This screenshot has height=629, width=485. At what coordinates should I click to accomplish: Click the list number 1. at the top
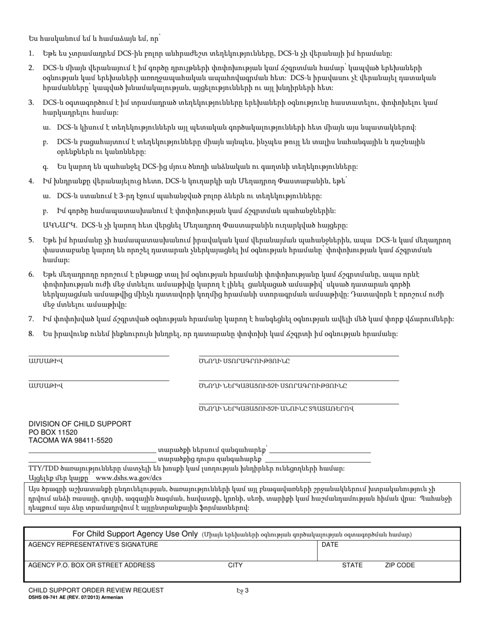point(31,54)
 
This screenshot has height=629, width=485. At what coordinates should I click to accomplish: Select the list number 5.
point(31,240)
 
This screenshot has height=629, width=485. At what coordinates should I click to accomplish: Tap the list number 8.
point(31,333)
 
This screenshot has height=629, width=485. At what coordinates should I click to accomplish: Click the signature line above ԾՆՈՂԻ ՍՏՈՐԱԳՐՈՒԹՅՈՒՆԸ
point(299,355)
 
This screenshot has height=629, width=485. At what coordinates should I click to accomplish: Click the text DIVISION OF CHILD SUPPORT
point(80,424)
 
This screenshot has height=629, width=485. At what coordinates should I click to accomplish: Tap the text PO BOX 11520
point(53,432)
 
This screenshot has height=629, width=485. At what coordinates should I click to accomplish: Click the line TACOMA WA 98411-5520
point(70,440)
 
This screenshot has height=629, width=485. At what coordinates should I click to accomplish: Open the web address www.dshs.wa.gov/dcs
point(129,478)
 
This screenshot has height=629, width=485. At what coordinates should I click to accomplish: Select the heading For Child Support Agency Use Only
point(135,534)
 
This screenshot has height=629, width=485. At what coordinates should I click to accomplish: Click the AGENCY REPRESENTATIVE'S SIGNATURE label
point(93,545)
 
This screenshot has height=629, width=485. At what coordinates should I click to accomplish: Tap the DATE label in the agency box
point(330,545)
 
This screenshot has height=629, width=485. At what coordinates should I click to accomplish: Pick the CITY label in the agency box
point(235,566)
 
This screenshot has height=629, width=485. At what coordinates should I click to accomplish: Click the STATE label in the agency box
point(352,566)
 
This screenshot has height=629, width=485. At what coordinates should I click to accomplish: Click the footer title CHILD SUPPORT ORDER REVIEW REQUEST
point(96,590)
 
